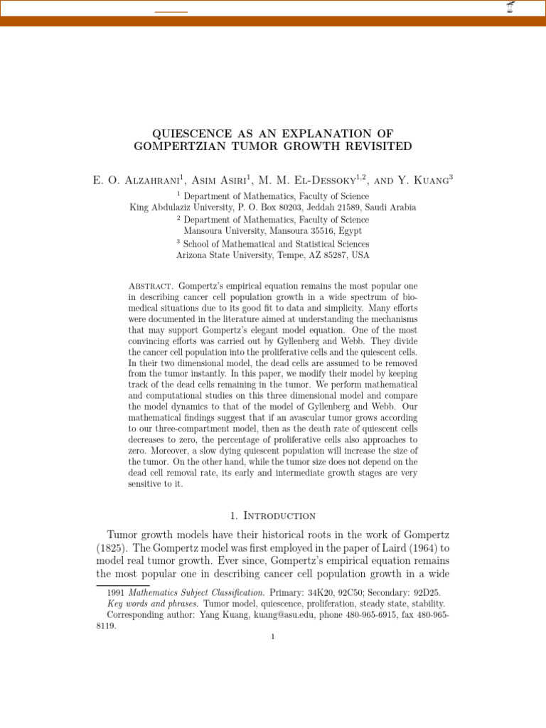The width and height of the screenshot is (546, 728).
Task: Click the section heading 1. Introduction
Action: pos(272,515)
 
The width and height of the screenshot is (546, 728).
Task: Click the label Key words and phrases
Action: pos(153,604)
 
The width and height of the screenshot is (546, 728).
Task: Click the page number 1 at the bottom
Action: pos(272,637)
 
